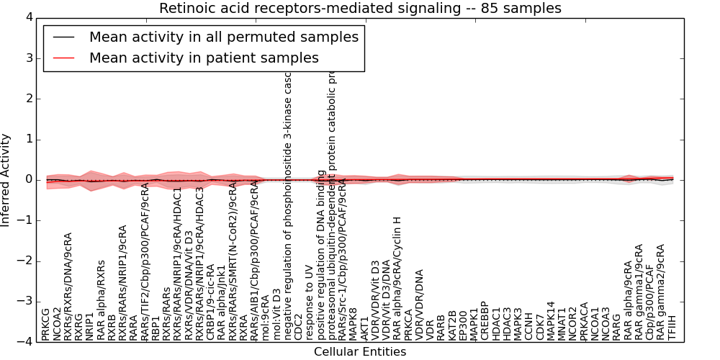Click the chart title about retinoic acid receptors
click(360, 9)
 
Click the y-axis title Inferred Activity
click(6, 179)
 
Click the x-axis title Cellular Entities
click(360, 351)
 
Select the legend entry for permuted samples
click(223, 37)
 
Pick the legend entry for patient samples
click(204, 58)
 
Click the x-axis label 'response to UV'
click(310, 307)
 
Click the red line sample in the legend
click(63, 58)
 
